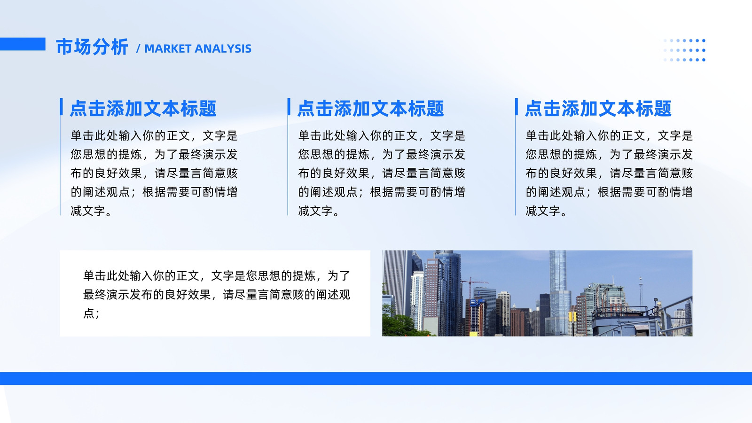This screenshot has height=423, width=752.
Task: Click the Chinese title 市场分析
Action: click(92, 47)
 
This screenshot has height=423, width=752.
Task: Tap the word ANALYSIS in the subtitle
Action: click(223, 49)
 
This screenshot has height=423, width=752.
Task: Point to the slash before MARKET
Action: click(138, 49)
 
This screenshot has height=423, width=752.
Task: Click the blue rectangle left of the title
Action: click(23, 44)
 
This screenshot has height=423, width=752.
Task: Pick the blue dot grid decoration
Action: click(684, 50)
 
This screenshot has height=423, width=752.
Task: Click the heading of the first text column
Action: click(143, 109)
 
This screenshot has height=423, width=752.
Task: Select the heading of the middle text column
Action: click(371, 109)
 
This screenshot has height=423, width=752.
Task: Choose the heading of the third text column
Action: click(598, 109)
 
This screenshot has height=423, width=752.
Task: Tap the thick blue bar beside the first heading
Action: click(62, 107)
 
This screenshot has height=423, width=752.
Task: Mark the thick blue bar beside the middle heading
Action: click(289, 107)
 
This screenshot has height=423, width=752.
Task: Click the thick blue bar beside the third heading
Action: click(517, 107)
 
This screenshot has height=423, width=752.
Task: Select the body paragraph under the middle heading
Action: click(382, 173)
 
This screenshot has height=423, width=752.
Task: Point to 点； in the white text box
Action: click(91, 313)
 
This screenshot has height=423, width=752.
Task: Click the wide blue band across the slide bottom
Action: click(376, 378)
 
